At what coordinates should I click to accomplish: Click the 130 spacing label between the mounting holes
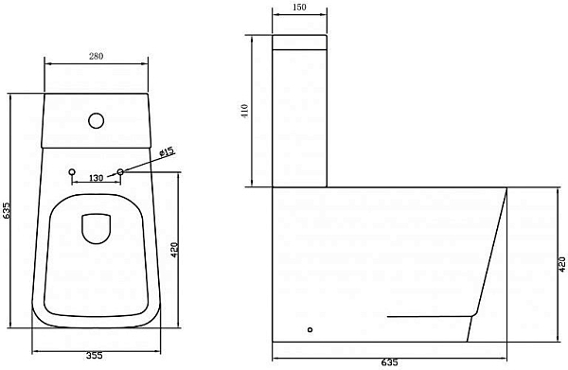96,178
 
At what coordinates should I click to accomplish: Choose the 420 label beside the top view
174,251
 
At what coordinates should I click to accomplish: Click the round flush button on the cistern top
97,121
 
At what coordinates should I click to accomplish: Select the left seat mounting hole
73,172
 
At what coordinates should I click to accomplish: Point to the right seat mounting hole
120,172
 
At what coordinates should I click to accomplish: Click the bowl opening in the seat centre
97,228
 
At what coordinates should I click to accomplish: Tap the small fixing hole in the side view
310,330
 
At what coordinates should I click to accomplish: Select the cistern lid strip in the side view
299,42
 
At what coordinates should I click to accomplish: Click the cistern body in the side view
299,118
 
